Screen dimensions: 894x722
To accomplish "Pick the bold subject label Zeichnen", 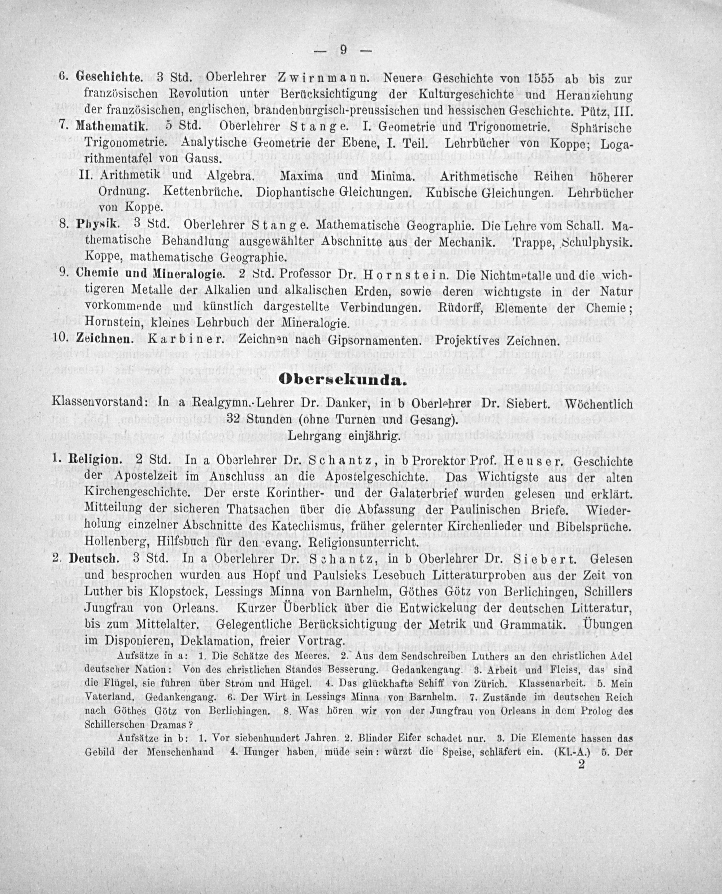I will [x=105, y=339].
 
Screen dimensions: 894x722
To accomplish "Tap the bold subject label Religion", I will [x=95, y=460].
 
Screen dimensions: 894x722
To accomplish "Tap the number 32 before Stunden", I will [x=236, y=419].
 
